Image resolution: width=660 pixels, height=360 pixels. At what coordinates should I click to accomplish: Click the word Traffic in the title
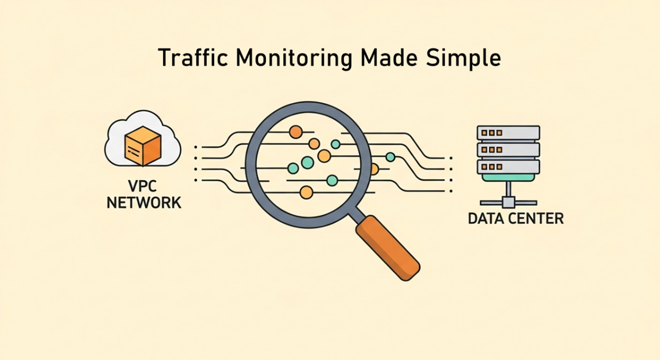coord(186,58)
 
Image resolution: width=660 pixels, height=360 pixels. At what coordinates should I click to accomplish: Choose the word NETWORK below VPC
coord(144,203)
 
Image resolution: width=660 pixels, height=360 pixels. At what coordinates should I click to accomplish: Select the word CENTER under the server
coord(538,218)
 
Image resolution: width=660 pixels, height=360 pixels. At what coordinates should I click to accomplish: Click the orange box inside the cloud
coord(143,145)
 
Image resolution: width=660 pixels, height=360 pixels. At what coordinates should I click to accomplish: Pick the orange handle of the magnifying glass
coord(387,247)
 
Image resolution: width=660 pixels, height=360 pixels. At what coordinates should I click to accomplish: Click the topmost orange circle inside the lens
coord(296,132)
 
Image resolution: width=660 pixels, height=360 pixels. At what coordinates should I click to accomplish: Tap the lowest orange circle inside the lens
coord(306,192)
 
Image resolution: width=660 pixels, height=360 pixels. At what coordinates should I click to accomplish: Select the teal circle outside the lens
coord(390,157)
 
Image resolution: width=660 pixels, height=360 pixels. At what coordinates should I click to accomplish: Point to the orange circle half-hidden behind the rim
coord(374,168)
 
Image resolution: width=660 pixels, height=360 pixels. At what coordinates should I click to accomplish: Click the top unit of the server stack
coord(508,133)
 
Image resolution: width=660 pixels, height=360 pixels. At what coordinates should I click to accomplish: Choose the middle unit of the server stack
coord(508,149)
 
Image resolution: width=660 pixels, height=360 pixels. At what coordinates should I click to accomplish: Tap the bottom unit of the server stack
coord(508,166)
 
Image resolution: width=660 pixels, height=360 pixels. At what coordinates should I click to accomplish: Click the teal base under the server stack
coord(508,177)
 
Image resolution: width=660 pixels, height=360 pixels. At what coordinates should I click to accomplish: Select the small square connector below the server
coord(509,202)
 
